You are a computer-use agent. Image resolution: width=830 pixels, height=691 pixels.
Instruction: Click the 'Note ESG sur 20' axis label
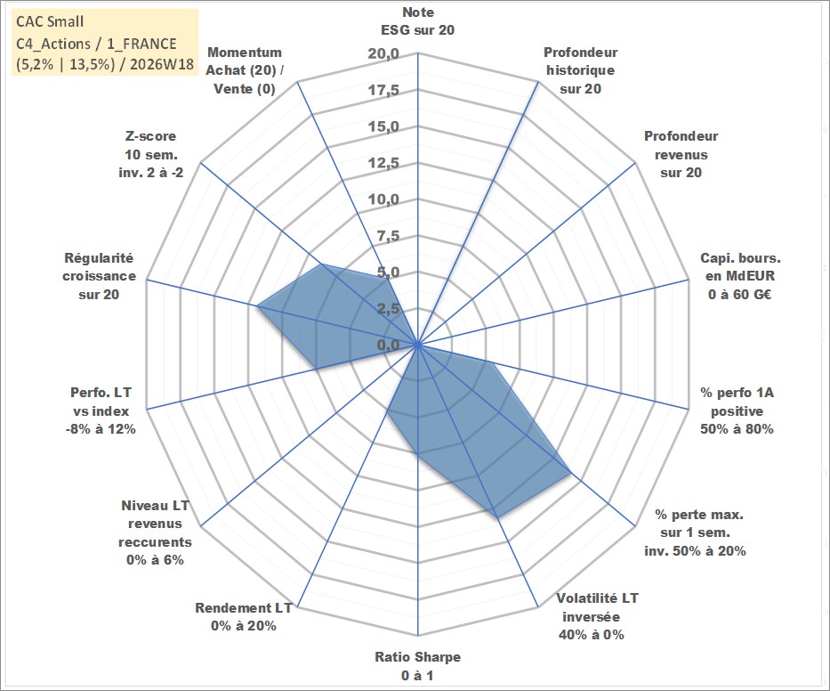coord(417,21)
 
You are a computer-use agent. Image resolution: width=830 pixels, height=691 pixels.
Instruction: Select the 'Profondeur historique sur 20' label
coord(580,70)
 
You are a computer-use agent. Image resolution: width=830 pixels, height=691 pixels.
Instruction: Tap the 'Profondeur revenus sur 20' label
coord(681,154)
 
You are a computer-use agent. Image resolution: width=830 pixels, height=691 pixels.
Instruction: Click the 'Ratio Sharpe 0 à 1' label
coord(417,666)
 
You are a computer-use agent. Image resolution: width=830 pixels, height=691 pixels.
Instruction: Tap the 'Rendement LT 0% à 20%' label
coord(244,617)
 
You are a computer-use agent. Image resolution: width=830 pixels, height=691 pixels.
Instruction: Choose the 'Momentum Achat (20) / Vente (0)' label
coord(244,70)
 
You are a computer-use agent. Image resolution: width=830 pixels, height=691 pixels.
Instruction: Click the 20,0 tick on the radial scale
coord(383,54)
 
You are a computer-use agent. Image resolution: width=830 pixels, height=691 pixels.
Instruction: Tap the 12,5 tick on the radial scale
coord(383,163)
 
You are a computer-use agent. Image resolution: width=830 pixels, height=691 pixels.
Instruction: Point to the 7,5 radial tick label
coord(388,236)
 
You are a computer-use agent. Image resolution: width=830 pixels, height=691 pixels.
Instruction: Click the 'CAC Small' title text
coord(50,21)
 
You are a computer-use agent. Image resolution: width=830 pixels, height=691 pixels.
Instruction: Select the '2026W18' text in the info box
coord(162,64)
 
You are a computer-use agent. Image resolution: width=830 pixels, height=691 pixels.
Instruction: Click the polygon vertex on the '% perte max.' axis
coord(570,473)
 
